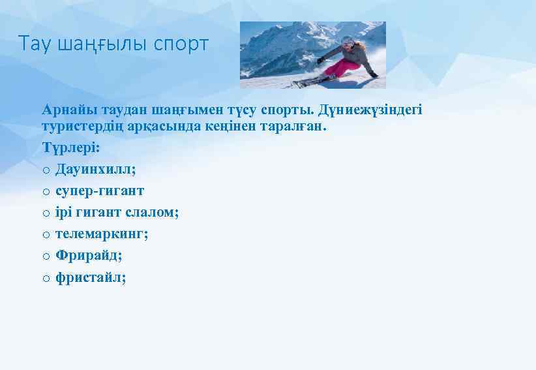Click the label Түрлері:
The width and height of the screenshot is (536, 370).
71,147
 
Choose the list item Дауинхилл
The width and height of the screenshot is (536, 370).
96,169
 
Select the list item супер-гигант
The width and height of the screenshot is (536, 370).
100,191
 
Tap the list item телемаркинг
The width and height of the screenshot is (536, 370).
102,234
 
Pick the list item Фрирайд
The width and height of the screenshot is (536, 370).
89,256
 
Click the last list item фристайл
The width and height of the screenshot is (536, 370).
91,277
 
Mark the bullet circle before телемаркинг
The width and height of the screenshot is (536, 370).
46,235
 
